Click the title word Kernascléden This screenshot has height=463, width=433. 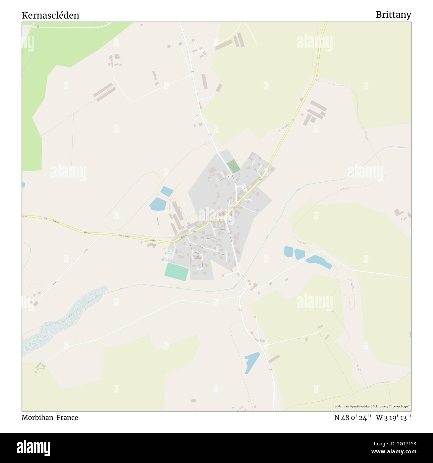50,15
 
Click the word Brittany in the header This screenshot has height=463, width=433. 393,15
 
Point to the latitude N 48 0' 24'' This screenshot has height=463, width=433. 353,418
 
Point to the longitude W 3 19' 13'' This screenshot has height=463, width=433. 394,418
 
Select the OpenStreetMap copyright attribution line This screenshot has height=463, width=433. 372,406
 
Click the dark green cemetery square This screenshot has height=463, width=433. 233,166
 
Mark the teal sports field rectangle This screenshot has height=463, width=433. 177,272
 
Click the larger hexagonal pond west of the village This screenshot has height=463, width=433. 158,204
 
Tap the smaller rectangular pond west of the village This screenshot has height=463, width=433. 167,191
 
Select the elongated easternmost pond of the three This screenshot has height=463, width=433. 318,261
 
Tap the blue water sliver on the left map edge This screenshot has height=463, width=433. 23,185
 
